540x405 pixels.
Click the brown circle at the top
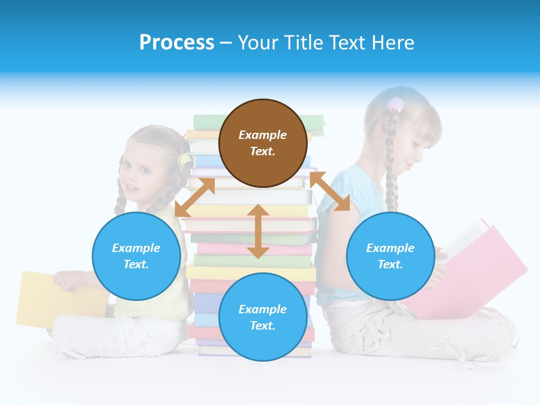point(263,143)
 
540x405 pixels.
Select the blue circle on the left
point(136,256)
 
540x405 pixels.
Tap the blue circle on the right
point(390,256)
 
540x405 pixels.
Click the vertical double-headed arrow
point(258,231)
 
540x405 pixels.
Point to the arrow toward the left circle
point(195,197)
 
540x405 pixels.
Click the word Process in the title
point(177,43)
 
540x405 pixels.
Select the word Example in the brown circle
point(263,135)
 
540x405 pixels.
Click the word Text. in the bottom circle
point(263,326)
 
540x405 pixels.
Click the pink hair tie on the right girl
point(395,104)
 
